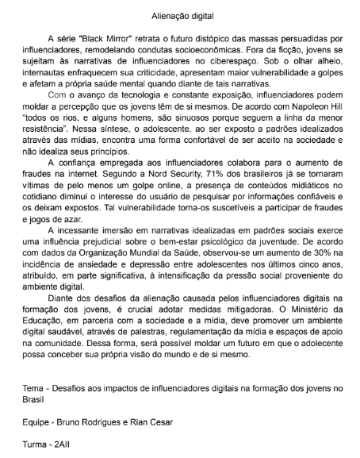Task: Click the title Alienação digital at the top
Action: (x=180, y=14)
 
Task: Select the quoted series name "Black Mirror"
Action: (x=103, y=38)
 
